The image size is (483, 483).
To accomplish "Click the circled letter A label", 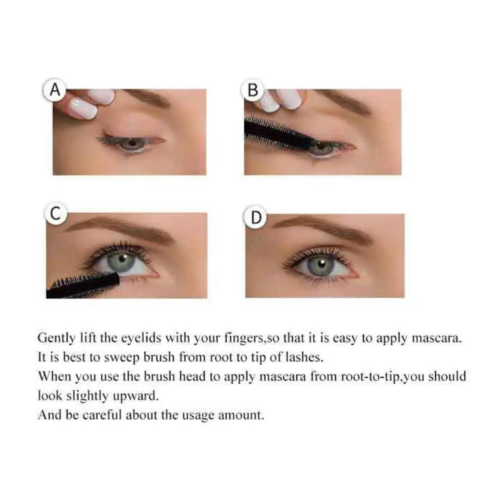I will tap(55, 90).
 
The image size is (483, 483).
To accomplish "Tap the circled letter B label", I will tap(253, 90).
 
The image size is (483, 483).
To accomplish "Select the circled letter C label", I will tap(56, 214).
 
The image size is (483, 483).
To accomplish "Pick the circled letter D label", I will tap(256, 218).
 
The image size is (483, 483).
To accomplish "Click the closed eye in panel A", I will tap(130, 142).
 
